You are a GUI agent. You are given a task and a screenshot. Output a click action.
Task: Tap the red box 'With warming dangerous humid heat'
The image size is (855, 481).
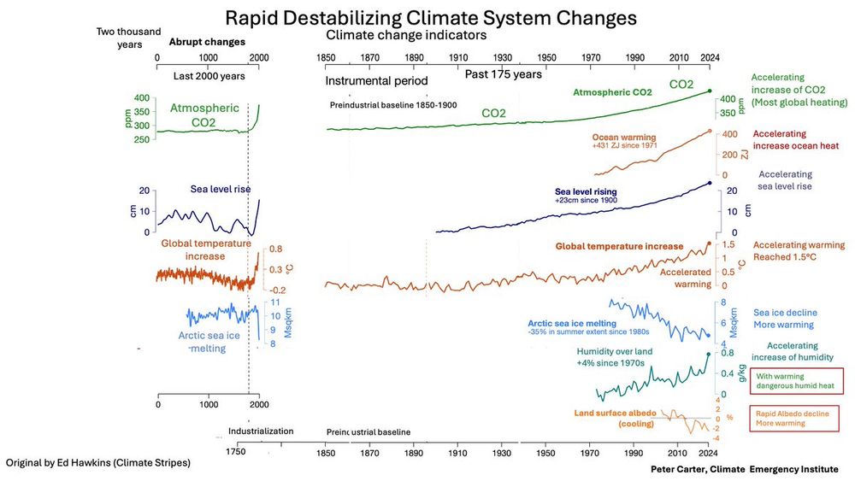pyautogui.click(x=796, y=380)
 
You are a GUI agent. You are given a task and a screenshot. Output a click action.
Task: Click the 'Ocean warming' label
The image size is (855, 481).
pyautogui.click(x=623, y=137)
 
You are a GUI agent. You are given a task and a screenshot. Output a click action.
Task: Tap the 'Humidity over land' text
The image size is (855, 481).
pyautogui.click(x=615, y=352)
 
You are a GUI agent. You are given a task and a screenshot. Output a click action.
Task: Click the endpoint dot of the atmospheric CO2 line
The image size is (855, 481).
pyautogui.click(x=709, y=91)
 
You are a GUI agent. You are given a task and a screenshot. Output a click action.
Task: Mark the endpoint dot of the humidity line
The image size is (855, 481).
pyautogui.click(x=708, y=354)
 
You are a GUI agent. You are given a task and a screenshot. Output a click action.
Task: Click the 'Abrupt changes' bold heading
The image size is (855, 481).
pyautogui.click(x=207, y=41)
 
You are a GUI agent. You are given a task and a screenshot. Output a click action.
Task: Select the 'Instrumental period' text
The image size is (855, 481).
pyautogui.click(x=376, y=81)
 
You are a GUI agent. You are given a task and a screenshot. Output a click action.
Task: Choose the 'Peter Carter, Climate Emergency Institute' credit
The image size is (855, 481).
pyautogui.click(x=745, y=470)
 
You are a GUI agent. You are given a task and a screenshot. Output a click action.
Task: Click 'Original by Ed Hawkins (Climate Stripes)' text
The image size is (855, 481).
pyautogui.click(x=98, y=462)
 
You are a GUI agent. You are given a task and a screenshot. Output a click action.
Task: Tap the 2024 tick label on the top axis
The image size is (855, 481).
pyautogui.click(x=710, y=57)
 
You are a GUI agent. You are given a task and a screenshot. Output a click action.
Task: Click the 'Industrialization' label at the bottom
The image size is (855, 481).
pyautogui.click(x=261, y=431)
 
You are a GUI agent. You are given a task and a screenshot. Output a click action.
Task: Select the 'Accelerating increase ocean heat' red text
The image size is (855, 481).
pyautogui.click(x=791, y=140)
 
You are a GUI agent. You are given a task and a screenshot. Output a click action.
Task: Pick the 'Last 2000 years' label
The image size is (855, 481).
pyautogui.click(x=209, y=76)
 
